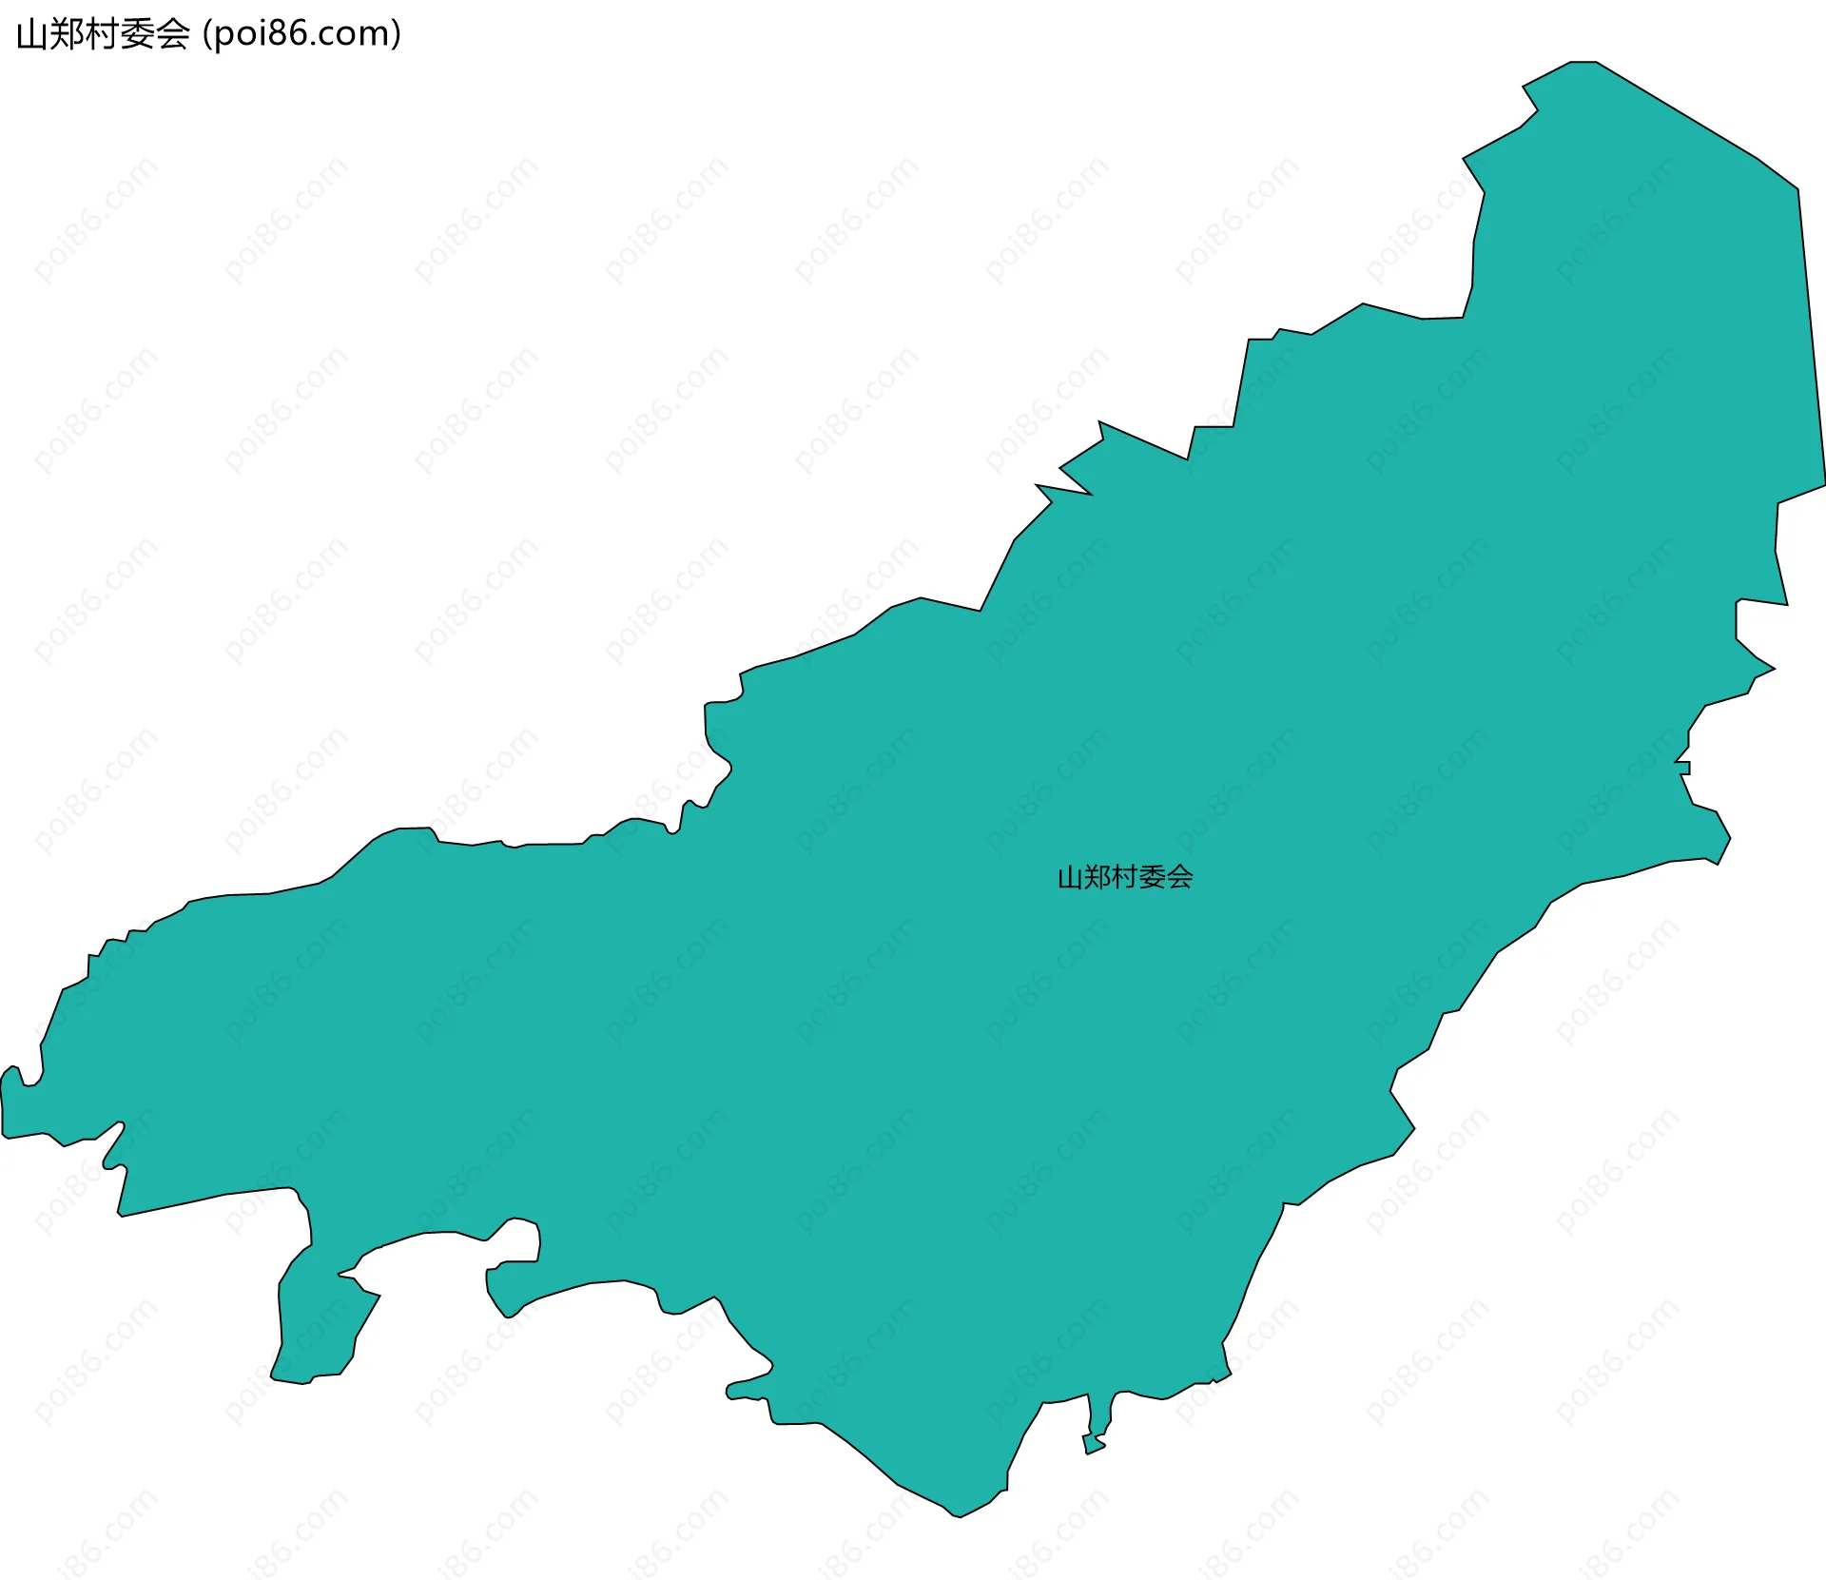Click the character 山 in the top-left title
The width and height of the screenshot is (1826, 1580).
point(31,34)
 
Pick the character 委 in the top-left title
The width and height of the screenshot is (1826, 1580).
point(137,34)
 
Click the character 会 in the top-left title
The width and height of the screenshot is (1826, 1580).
point(172,34)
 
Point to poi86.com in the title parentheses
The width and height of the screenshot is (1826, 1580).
point(301,34)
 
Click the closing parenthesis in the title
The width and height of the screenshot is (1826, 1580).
point(396,34)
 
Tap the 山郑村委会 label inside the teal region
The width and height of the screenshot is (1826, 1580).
point(1124,877)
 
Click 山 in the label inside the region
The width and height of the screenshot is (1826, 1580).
point(1070,877)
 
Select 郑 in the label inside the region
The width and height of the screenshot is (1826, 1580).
point(1097,877)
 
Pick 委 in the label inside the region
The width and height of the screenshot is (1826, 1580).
point(1152,877)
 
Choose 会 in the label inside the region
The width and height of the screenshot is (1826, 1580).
point(1179,877)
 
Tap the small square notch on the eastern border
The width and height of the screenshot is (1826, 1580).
point(1684,768)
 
